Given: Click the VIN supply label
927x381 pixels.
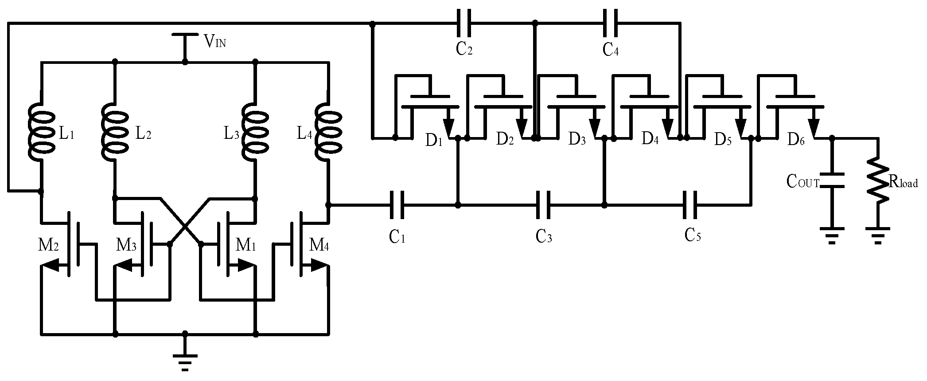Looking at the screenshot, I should [215, 42].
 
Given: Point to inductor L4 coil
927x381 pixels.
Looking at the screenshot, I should [328, 132].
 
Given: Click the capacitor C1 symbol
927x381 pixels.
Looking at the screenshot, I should [397, 205].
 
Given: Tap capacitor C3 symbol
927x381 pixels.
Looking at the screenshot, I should [544, 205].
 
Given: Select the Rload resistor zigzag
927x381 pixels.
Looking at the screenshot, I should [878, 182].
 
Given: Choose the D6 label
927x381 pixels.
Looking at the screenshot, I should [796, 141].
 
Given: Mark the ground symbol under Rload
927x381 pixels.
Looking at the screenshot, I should [878, 235].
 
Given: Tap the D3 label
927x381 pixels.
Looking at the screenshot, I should [577, 141].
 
